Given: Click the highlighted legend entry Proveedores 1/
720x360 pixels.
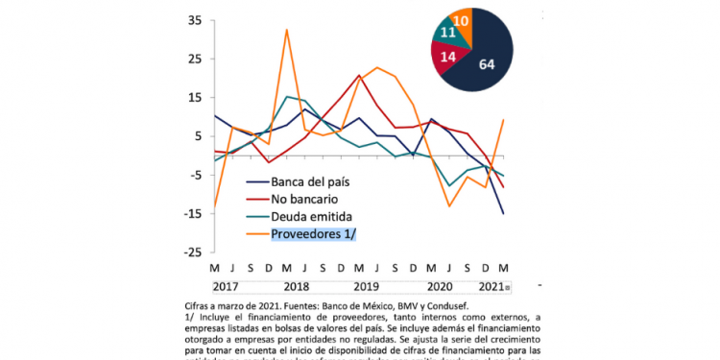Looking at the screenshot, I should click(x=316, y=234).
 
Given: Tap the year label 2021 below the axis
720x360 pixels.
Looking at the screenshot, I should click(x=492, y=285).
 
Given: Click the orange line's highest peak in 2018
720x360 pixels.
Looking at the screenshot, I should click(x=286, y=30).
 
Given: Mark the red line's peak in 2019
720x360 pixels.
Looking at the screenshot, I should click(x=359, y=75).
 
